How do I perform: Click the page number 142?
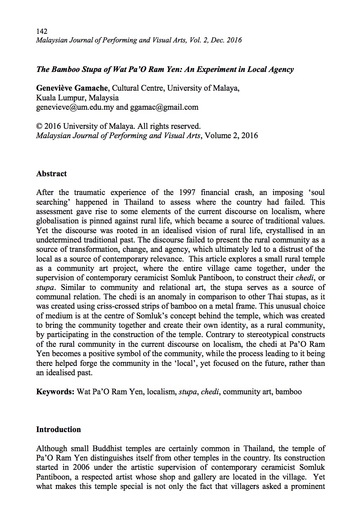pos(42,31)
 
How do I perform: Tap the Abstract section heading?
pos(51,174)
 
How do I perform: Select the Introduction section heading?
pos(59,430)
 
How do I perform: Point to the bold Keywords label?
pos(55,391)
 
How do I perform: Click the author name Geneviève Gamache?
pos(72,88)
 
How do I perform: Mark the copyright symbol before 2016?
pos(40,126)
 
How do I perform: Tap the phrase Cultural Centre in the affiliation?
pos(137,88)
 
